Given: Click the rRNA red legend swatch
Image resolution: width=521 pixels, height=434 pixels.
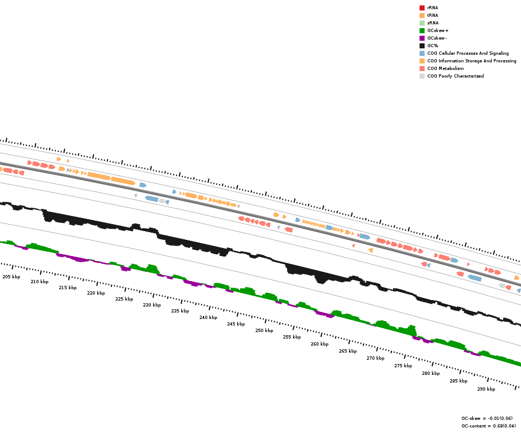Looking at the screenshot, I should point(422,8).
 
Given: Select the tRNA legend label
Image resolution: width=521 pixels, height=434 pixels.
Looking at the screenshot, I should point(433,15).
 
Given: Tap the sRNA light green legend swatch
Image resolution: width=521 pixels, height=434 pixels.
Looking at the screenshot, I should point(422,23).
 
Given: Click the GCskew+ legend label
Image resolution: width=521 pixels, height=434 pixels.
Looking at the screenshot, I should point(438,30).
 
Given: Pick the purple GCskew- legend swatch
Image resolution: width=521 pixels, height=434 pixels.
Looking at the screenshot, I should point(422,38).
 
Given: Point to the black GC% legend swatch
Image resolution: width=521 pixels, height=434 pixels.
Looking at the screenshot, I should point(422,46).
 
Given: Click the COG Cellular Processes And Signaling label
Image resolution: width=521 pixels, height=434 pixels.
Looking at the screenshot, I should point(468,53).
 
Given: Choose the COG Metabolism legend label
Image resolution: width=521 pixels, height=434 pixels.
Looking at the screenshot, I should point(445,68).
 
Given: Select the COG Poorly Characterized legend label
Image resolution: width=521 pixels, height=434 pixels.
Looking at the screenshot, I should point(455,76).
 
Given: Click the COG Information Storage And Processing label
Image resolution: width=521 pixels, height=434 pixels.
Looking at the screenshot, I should point(472,61).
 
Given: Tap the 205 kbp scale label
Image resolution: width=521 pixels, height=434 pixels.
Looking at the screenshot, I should point(11,277).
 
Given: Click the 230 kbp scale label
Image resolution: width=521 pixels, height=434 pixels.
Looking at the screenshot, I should point(152,305).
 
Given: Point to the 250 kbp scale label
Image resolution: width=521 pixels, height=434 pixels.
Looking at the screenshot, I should point(264,330).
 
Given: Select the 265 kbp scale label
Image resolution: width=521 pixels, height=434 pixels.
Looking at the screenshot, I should point(348,351).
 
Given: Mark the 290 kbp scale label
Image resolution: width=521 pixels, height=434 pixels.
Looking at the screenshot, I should point(486,389).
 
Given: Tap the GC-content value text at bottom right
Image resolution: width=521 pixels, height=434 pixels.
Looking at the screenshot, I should point(488,426).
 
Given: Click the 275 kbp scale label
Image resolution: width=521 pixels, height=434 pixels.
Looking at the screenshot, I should point(403,366).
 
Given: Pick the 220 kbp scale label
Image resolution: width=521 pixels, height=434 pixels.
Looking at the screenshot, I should point(96,293).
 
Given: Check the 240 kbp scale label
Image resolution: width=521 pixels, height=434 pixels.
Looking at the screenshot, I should point(208,317).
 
